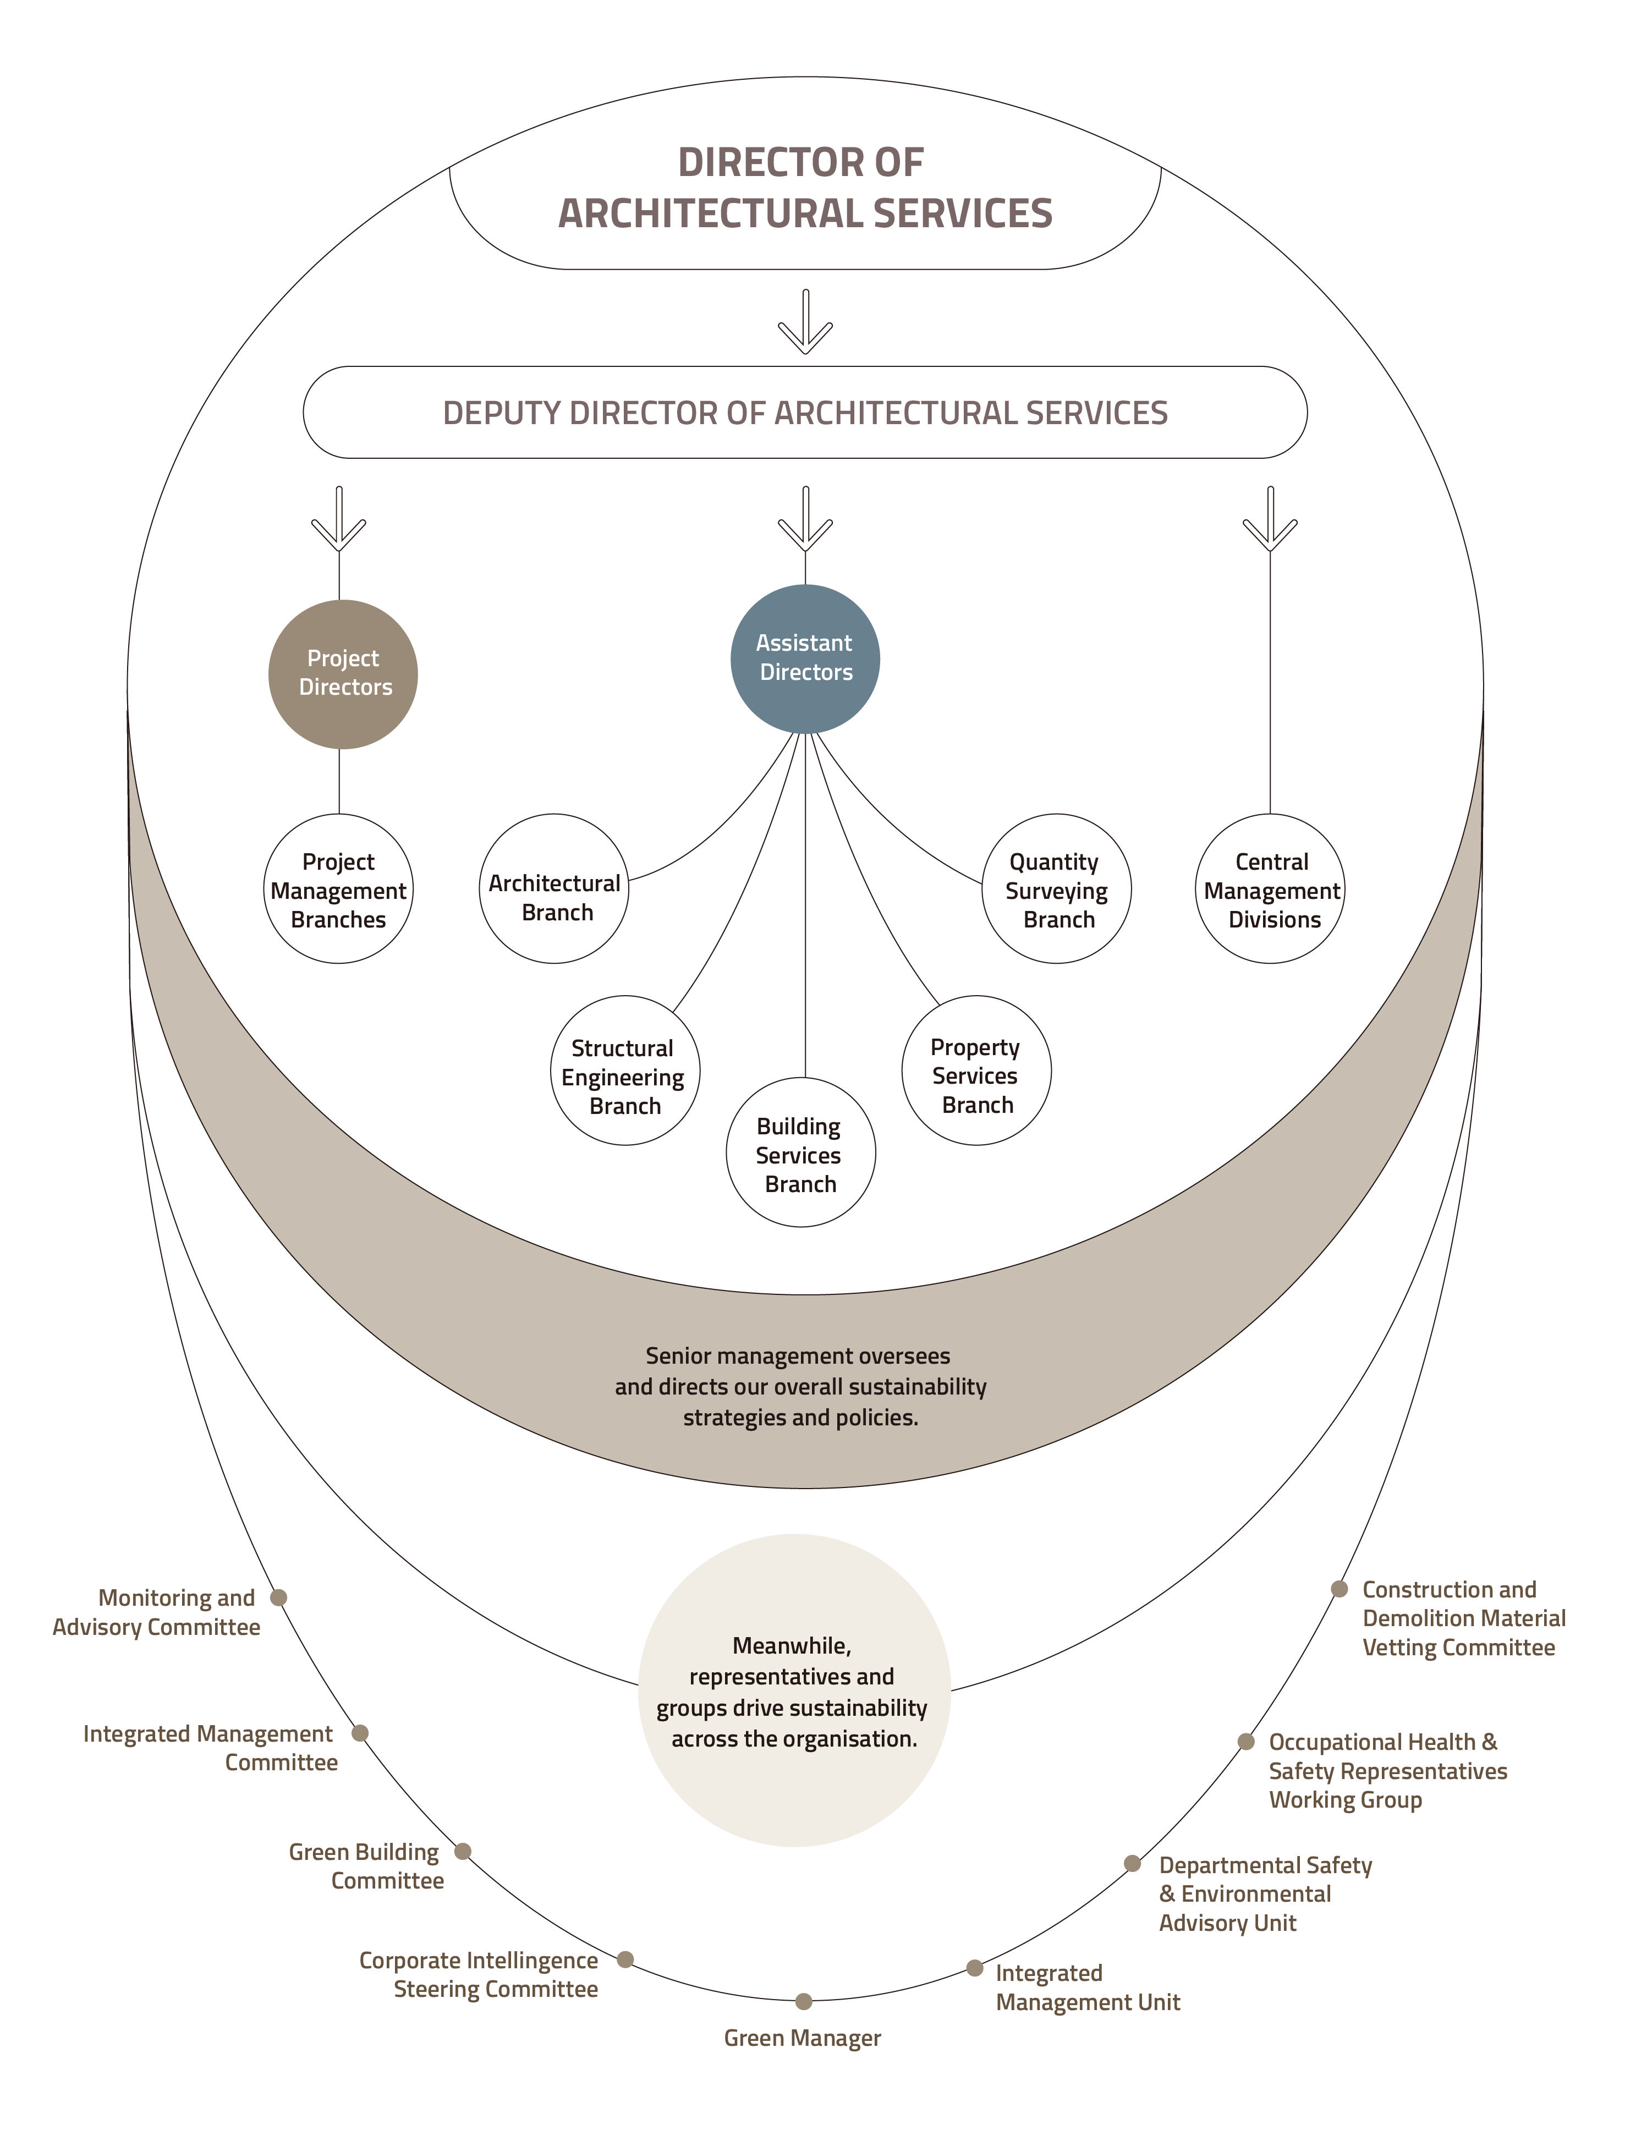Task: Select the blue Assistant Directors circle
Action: click(805, 658)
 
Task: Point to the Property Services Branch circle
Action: click(976, 1070)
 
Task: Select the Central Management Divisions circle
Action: click(1270, 888)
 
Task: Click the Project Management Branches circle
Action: click(338, 888)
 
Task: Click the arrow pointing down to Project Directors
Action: click(338, 523)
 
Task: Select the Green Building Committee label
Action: click(366, 1866)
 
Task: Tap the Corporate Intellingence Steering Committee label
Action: click(479, 1974)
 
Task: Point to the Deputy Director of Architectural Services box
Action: click(805, 412)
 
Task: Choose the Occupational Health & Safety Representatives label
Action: click(1387, 1770)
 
